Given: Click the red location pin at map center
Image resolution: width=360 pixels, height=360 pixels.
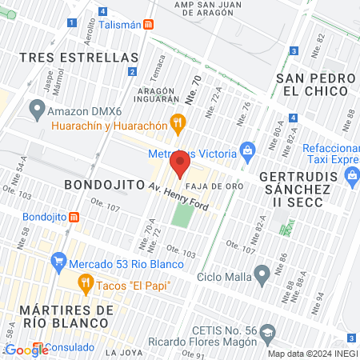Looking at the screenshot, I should pos(180,164).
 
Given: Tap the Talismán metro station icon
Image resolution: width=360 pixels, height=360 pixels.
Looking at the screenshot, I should pos(148,24).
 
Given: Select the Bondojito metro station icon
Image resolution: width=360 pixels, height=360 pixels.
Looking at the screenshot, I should pos(74,217).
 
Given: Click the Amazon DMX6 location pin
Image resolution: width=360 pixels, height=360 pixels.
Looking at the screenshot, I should pos(36,107).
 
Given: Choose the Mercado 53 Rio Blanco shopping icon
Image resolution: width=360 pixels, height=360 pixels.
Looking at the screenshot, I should pos(57,261).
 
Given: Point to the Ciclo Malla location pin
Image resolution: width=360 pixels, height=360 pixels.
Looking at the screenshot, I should pos(261,276).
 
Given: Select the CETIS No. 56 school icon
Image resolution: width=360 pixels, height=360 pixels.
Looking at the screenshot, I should pos(270,331).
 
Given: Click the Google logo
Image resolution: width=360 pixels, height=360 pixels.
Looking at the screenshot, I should pos(26,350).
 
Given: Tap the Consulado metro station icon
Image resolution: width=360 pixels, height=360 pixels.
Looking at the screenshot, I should pos(39,347).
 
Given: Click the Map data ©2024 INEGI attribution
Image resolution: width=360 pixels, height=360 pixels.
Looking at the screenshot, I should pos(313,354).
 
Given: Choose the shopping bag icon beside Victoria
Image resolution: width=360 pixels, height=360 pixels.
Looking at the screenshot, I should pos(247,150).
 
